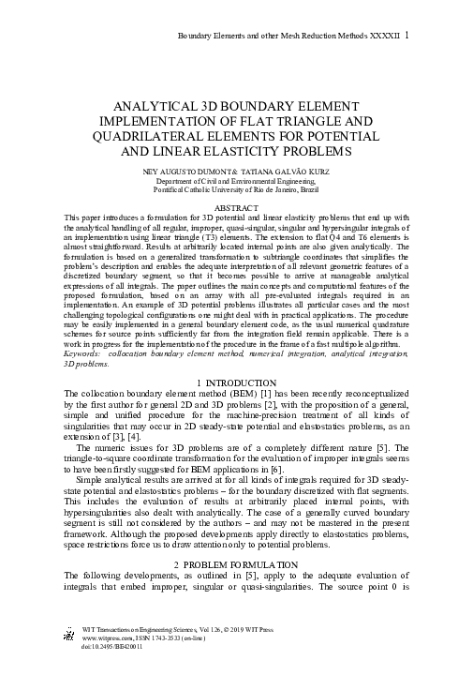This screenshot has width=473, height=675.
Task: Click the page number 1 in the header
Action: click(419, 36)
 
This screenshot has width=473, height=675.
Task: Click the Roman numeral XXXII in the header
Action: click(391, 36)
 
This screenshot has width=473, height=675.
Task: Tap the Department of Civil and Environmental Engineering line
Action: click(236, 180)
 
